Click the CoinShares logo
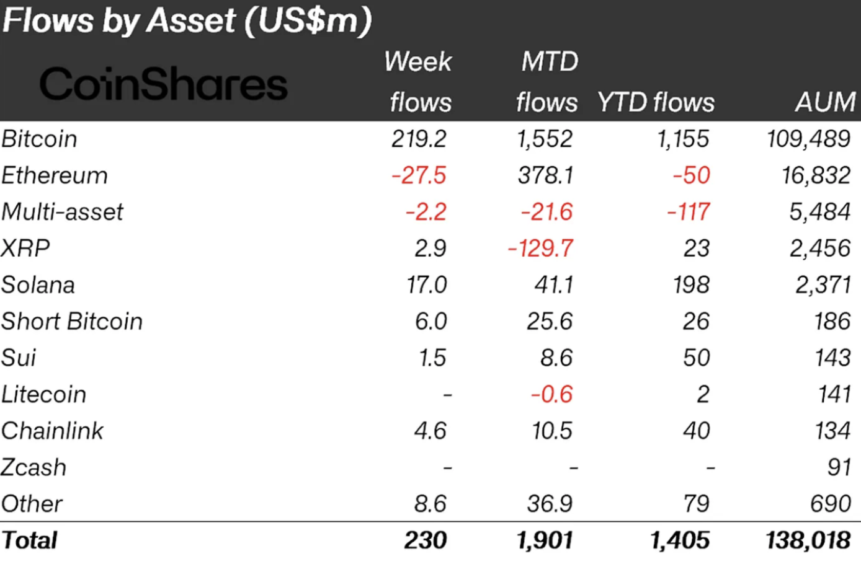164,84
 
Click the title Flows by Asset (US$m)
187,20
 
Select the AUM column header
825,102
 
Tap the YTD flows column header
656,102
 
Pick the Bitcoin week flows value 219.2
419,139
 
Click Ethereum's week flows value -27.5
419,175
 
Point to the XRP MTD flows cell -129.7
541,249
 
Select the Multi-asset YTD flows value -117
689,212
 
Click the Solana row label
38,285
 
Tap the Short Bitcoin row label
72,322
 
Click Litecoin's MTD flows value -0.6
551,394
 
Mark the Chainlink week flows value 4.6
430,431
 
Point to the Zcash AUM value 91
839,467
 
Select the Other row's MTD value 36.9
550,504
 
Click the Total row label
30,540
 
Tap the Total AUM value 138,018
808,540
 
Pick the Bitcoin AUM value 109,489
808,139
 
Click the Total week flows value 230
426,540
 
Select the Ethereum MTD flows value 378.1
545,175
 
